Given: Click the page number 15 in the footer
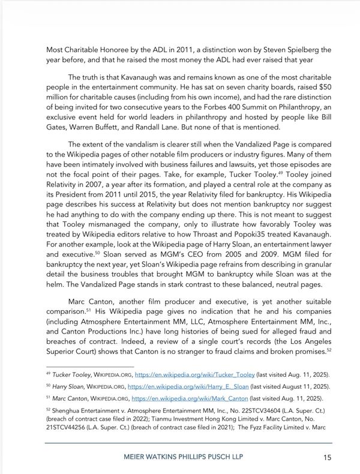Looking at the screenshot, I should click(326, 457).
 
